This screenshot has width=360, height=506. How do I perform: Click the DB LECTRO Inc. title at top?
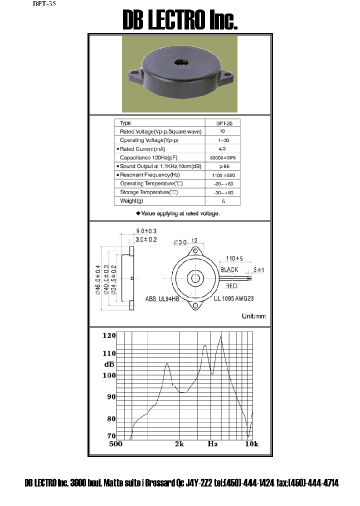pyautogui.click(x=180, y=20)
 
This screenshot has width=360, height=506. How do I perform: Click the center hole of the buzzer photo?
pyautogui.click(x=178, y=64)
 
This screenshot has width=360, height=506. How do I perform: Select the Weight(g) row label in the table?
pyautogui.click(x=132, y=201)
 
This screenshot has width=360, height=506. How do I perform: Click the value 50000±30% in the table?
pyautogui.click(x=222, y=157)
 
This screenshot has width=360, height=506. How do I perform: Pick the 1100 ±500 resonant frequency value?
pyautogui.click(x=222, y=175)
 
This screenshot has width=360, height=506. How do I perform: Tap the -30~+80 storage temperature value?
pyautogui.click(x=222, y=192)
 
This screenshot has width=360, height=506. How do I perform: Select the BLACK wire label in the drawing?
pyautogui.click(x=229, y=269)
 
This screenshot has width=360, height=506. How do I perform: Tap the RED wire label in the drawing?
pyautogui.click(x=231, y=286)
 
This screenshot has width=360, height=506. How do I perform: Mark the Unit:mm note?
pyautogui.click(x=254, y=316)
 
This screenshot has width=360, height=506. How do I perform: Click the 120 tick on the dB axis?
pyautogui.click(x=109, y=335)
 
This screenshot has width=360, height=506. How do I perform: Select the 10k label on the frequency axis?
pyautogui.click(x=251, y=444)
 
